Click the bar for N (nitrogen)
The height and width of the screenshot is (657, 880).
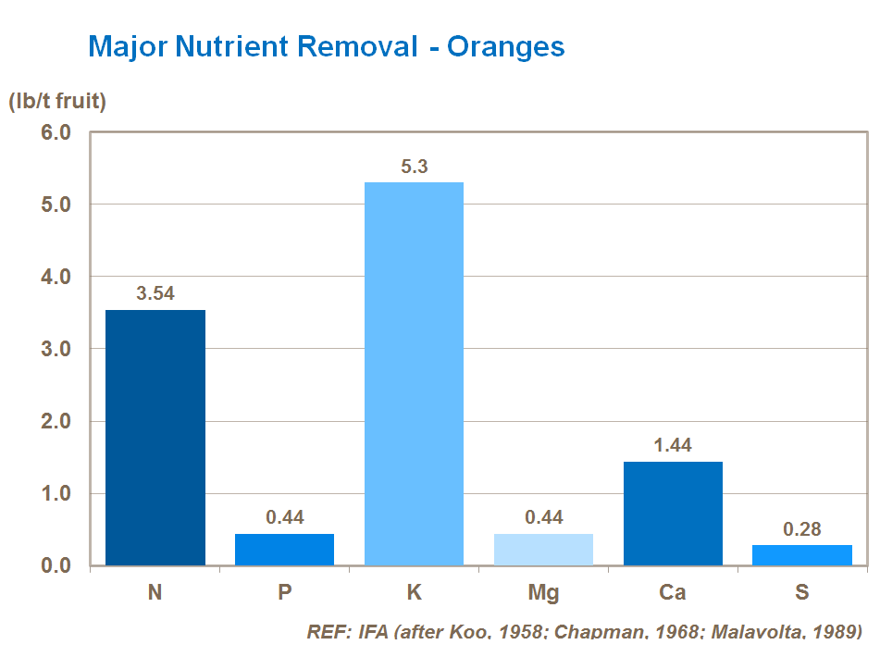point(155,438)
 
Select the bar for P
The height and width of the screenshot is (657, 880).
point(284,550)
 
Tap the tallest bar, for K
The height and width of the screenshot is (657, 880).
point(414,374)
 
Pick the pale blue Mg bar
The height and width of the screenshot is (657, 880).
point(543,550)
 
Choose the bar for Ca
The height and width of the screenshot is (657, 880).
point(673,514)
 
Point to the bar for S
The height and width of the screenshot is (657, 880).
point(802,555)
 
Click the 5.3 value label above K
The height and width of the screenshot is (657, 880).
point(414,167)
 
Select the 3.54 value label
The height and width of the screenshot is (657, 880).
point(155,294)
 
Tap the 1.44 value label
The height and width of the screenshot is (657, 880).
point(673,446)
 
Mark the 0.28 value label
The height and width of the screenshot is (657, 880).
point(802,529)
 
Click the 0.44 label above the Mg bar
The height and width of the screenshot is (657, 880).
point(543,517)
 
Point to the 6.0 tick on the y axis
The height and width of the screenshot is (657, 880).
point(56,132)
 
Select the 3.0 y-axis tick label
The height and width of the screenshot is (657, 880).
point(56,349)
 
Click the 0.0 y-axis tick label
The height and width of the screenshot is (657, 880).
point(56,565)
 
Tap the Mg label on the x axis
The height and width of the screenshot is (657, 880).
point(543,592)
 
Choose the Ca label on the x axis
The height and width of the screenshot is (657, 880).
point(673,592)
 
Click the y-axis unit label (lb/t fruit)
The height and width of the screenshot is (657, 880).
point(57,102)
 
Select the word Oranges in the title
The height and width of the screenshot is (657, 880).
point(506,46)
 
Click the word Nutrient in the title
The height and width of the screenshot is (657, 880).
point(242,46)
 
